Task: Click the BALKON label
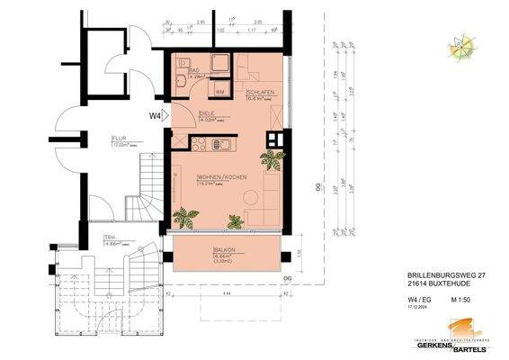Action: (224, 249)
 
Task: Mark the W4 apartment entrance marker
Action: (155, 115)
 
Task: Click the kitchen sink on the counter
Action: (227, 144)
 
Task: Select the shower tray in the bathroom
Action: (219, 66)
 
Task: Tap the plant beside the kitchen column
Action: (271, 160)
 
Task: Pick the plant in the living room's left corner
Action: (187, 217)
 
